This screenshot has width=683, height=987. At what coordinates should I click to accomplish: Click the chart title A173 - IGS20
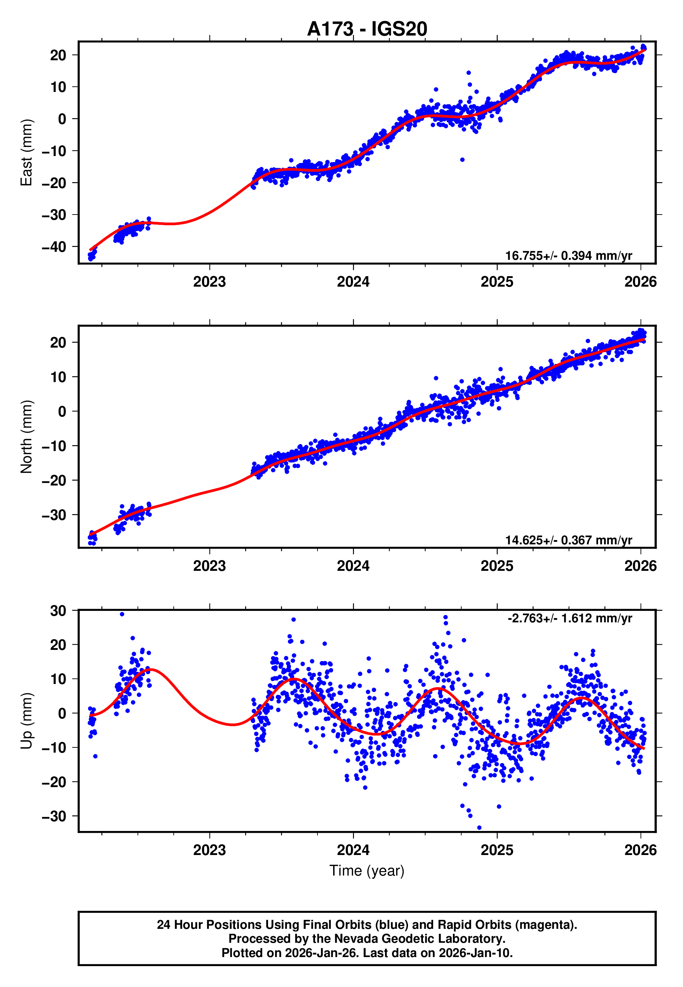tap(367, 29)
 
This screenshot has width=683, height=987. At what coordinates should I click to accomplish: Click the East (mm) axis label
tap(26, 153)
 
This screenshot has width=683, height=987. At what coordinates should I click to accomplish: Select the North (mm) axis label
tap(26, 437)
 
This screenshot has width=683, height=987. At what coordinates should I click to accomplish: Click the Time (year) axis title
tap(367, 871)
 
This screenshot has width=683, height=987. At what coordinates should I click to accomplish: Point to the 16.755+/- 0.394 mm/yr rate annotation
tap(568, 256)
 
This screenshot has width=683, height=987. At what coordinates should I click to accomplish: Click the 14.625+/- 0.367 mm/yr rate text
tap(568, 540)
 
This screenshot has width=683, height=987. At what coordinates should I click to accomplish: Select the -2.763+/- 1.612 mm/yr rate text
tap(570, 619)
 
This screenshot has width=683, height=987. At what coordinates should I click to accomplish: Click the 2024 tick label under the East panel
tap(353, 282)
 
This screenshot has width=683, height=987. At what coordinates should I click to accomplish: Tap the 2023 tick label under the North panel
tap(209, 566)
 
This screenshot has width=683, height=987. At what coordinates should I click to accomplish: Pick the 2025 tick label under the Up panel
tap(497, 850)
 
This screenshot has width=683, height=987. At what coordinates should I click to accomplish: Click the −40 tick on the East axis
tap(54, 247)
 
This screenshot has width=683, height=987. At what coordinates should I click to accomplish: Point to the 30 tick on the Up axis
tap(58, 611)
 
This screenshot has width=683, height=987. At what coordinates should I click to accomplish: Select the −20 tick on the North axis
tap(54, 481)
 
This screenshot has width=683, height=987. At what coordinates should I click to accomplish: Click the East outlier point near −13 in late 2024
tap(462, 160)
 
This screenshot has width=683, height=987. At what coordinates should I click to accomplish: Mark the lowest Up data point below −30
tap(479, 828)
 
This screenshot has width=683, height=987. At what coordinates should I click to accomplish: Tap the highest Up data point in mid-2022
tap(122, 614)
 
